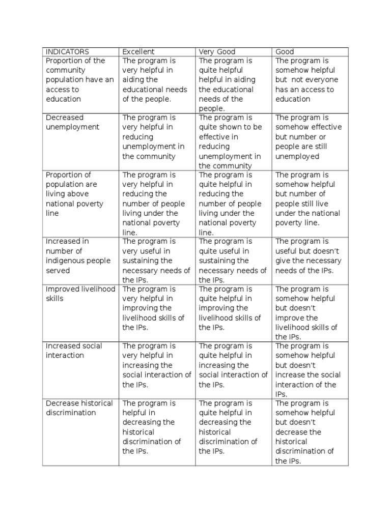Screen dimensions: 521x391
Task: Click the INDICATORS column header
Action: click(67, 51)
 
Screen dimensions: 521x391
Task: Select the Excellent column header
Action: click(138, 51)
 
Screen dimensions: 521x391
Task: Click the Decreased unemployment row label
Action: click(72, 122)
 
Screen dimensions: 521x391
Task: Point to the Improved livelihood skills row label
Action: click(80, 294)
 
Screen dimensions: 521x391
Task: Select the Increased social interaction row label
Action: click(74, 351)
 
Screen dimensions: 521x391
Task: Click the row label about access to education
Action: click(79, 80)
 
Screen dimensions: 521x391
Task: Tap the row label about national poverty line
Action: click(74, 194)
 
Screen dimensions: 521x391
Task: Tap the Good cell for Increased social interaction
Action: click(309, 370)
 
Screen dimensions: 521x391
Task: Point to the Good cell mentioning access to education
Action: click(306, 80)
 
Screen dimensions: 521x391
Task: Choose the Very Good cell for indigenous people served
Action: click(232, 260)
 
